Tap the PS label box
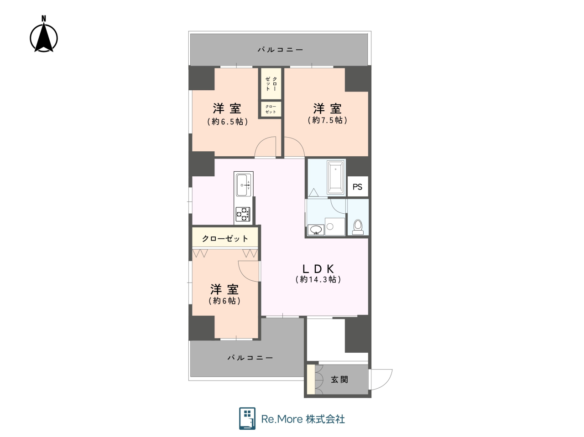point(358,187)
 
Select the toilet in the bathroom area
point(358,227)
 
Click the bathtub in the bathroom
point(335,177)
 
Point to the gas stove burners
point(243,214)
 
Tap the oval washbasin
point(316,230)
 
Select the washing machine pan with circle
point(335,226)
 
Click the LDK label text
point(318,269)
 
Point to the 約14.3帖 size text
point(318,279)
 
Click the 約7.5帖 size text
point(327,120)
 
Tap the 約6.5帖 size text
point(228,122)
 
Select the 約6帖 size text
point(225,301)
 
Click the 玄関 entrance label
point(339,380)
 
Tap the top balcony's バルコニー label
point(281,50)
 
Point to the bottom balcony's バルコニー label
point(250,358)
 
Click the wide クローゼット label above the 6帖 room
point(225,239)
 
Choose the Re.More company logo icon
point(247,418)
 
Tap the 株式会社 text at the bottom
point(325,419)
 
